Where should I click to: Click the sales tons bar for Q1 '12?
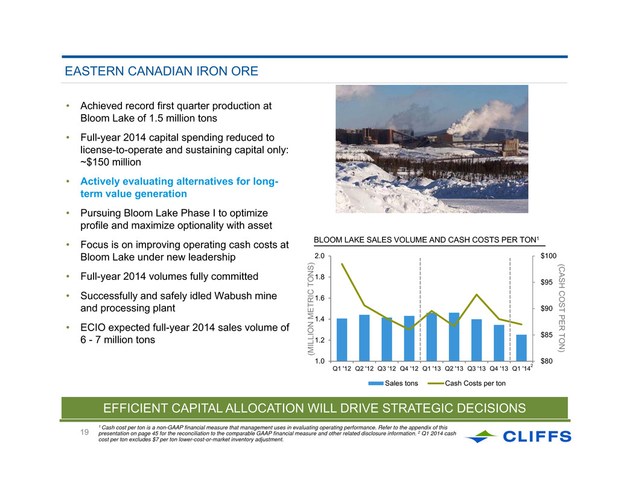[342, 340]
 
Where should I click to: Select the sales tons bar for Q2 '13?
[454, 337]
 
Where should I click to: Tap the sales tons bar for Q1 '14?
[521, 348]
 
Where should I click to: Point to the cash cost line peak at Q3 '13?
[476, 294]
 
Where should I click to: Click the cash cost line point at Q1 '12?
[342, 264]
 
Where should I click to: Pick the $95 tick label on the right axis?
[546, 282]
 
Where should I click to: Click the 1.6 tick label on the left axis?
[320, 298]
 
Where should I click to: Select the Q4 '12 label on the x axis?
[409, 369]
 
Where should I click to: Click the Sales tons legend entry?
[393, 384]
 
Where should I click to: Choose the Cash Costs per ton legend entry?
[467, 384]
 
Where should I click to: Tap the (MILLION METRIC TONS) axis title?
[311, 309]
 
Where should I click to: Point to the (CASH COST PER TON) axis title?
[561, 308]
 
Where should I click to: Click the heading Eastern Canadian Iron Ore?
[162, 71]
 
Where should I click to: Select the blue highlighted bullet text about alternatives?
[179, 188]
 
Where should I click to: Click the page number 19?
[84, 432]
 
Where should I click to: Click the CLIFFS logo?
[518, 436]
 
